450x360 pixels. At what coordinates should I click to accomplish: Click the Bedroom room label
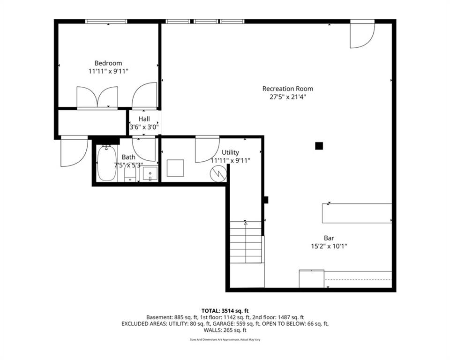pyautogui.click(x=108, y=63)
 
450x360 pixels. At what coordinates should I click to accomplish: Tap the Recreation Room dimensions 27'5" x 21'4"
pyautogui.click(x=287, y=97)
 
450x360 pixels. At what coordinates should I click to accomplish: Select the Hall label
pyautogui.click(x=144, y=119)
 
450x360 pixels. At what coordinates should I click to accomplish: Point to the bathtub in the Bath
pyautogui.click(x=106, y=163)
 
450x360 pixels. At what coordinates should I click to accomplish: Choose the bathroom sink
pyautogui.click(x=150, y=174)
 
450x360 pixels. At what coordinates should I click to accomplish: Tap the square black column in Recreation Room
pyautogui.click(x=319, y=146)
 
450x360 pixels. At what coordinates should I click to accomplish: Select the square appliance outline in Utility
pyautogui.click(x=175, y=168)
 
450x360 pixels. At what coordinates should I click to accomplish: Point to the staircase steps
pyautogui.click(x=246, y=242)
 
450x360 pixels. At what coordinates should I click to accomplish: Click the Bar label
pyautogui.click(x=329, y=238)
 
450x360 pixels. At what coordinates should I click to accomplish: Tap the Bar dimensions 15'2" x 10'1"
pyautogui.click(x=329, y=246)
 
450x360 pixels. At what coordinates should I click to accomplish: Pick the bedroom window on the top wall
pyautogui.click(x=106, y=21)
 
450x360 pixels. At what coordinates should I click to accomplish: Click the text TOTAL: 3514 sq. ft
pyautogui.click(x=225, y=311)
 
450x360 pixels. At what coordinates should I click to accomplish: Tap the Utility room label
pyautogui.click(x=230, y=152)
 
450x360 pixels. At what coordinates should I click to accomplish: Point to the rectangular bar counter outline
pyautogui.click(x=357, y=213)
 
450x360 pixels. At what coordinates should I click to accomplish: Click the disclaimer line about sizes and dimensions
pyautogui.click(x=225, y=340)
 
